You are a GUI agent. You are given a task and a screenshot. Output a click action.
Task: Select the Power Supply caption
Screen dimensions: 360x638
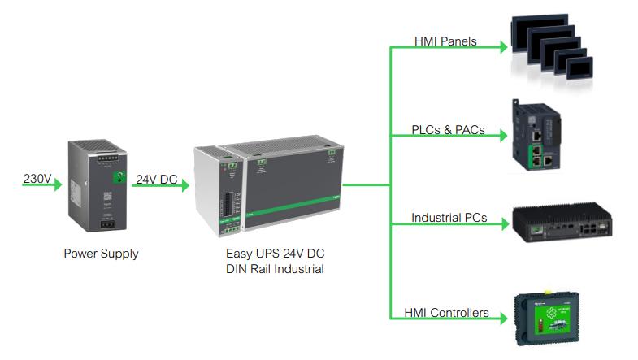coord(101,254)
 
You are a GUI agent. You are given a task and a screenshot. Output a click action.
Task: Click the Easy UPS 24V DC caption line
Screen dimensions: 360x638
coord(275,253)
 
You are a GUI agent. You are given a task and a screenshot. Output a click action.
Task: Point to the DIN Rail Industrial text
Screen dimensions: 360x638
coord(275,269)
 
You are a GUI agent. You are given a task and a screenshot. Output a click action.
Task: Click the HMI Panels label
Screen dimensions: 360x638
coord(445,41)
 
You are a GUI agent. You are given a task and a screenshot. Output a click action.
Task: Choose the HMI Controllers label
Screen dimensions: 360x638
coord(446,312)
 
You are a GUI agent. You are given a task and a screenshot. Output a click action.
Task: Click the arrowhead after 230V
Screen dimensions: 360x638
coord(57,185)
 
